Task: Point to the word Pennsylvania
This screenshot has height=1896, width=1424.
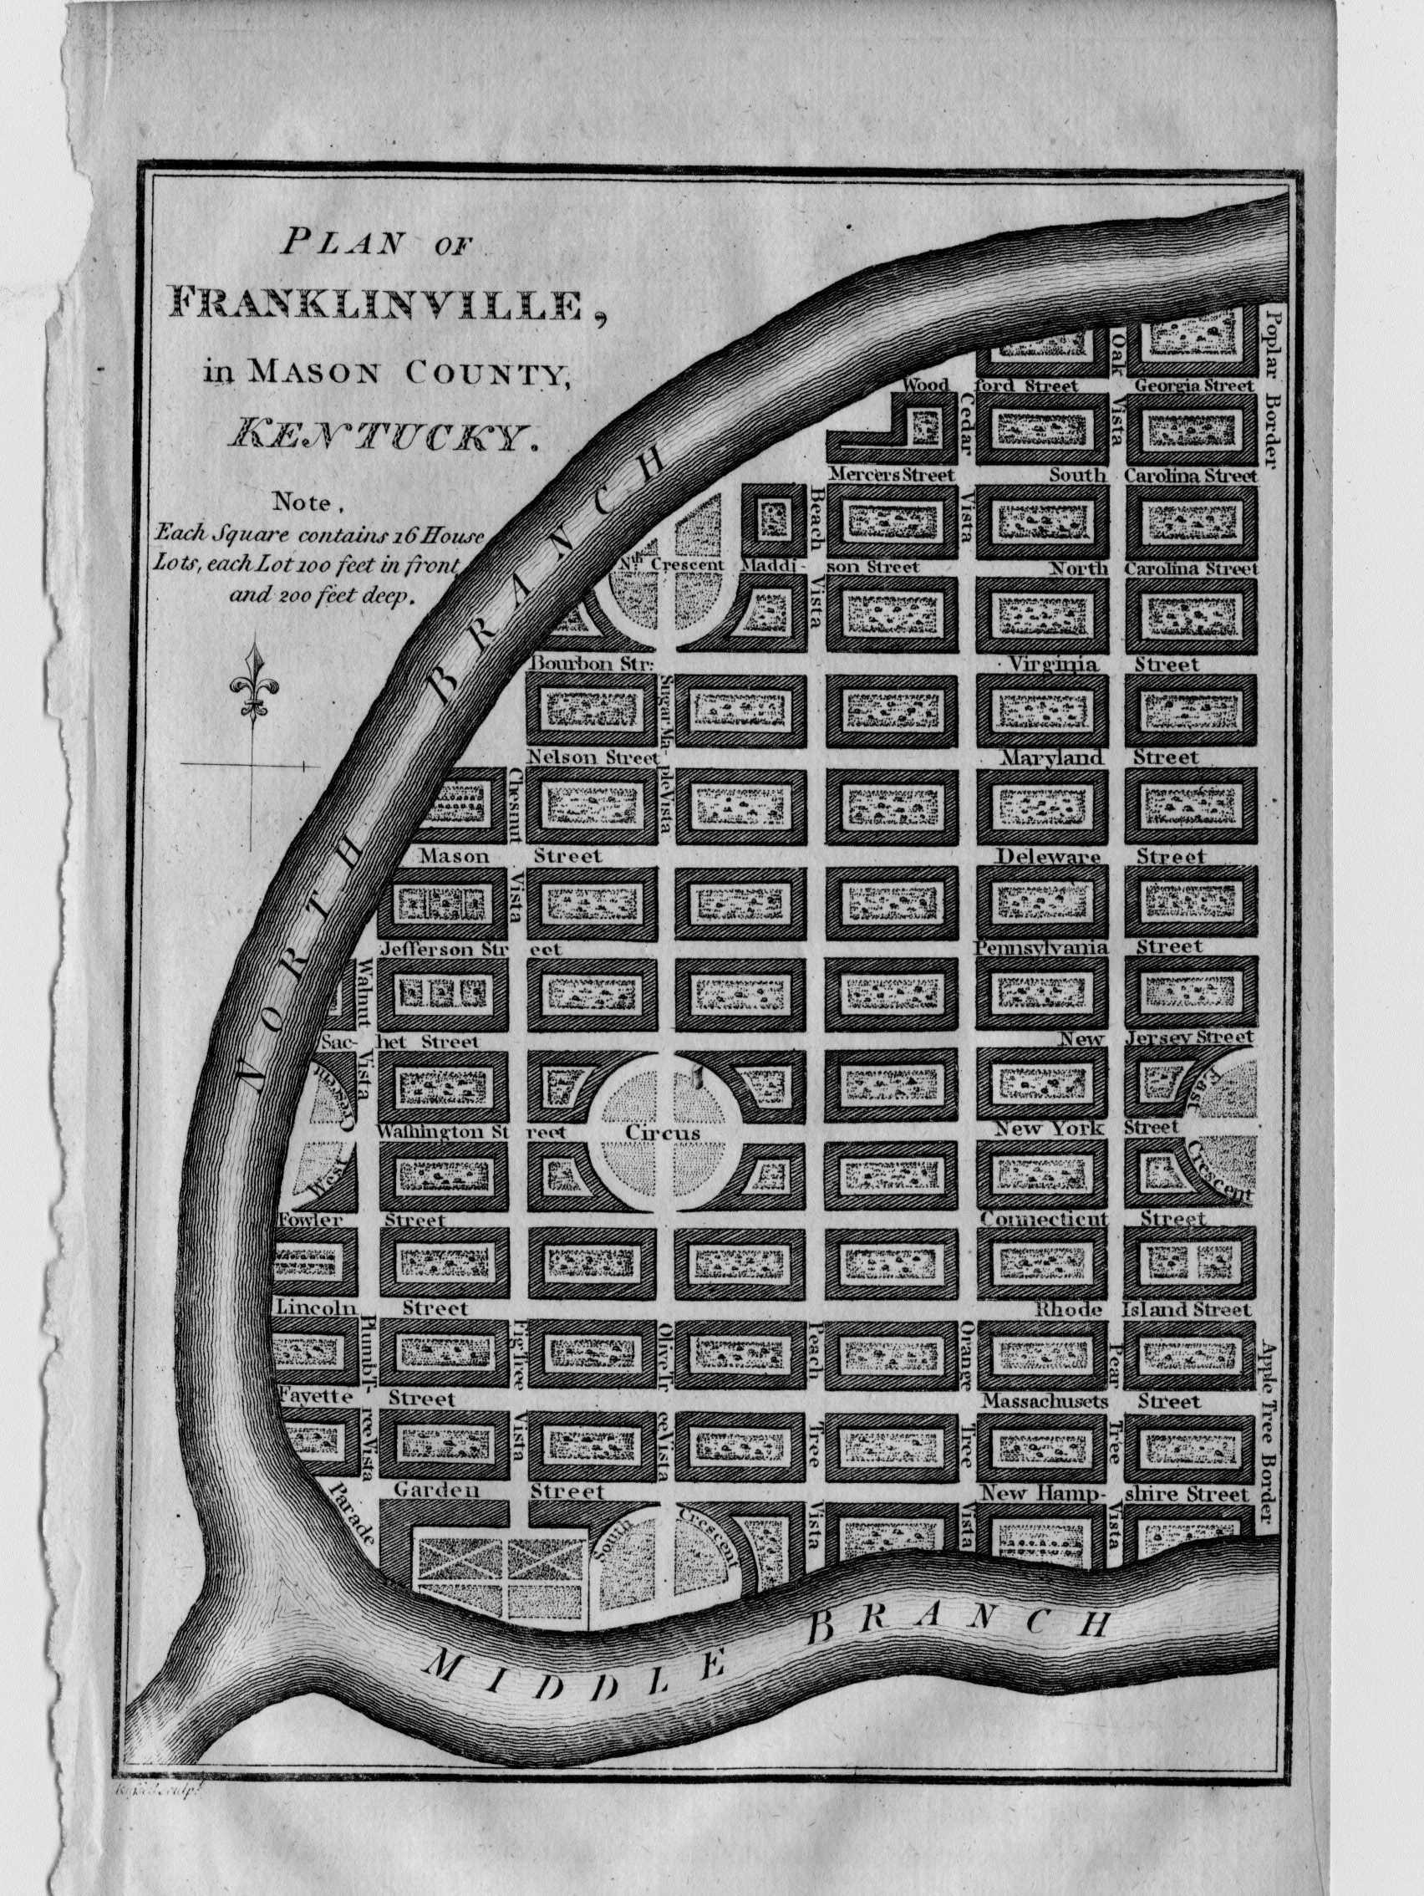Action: tap(1042, 948)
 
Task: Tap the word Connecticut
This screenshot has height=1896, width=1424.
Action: tap(1045, 1218)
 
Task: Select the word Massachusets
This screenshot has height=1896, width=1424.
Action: tap(1045, 1401)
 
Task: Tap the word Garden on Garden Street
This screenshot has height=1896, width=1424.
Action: tap(435, 1491)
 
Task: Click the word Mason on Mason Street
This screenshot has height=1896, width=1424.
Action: tap(453, 855)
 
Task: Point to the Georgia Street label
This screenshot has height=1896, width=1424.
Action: tap(1193, 385)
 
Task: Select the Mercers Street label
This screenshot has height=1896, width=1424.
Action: tap(891, 474)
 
